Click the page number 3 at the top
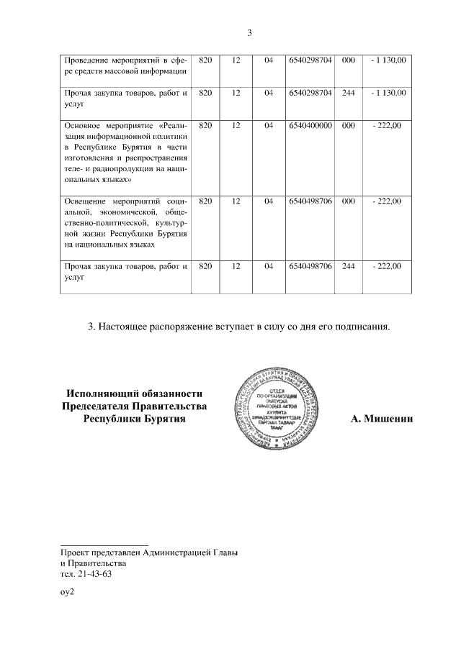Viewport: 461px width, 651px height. (x=249, y=32)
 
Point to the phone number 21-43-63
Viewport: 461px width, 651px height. (x=95, y=575)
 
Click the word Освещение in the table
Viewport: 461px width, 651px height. (x=84, y=201)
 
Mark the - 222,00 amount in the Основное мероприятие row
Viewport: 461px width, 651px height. (x=387, y=125)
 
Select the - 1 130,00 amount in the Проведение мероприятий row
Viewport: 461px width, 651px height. (x=387, y=59)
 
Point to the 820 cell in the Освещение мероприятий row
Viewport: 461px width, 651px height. (x=205, y=201)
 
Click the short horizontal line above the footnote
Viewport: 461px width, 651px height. (x=104, y=545)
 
